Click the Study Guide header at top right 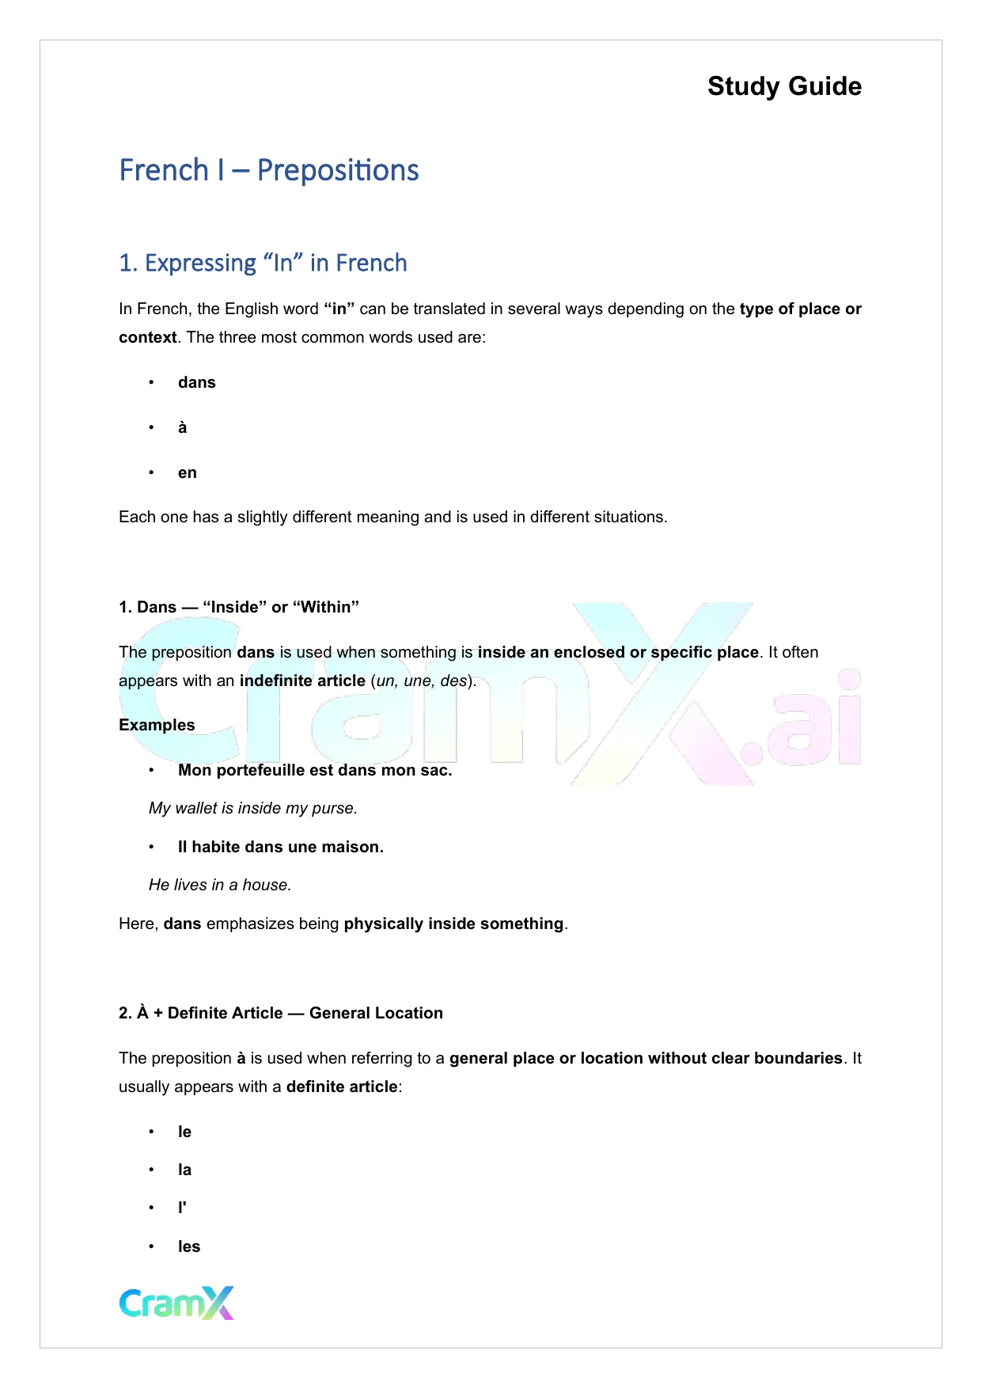(784, 86)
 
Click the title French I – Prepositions (269, 170)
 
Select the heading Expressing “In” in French (263, 263)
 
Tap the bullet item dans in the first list (197, 382)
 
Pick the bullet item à (183, 427)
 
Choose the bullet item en (188, 472)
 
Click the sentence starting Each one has (392, 517)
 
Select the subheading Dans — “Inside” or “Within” (239, 607)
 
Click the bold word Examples (157, 725)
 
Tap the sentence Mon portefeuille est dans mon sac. (315, 770)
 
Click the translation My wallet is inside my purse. (253, 808)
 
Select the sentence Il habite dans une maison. (281, 847)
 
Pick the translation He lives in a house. (220, 885)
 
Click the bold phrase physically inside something (453, 923)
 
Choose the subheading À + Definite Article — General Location (281, 1013)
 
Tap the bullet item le (185, 1132)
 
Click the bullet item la (185, 1170)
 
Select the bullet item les (189, 1246)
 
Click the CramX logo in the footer (176, 1303)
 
